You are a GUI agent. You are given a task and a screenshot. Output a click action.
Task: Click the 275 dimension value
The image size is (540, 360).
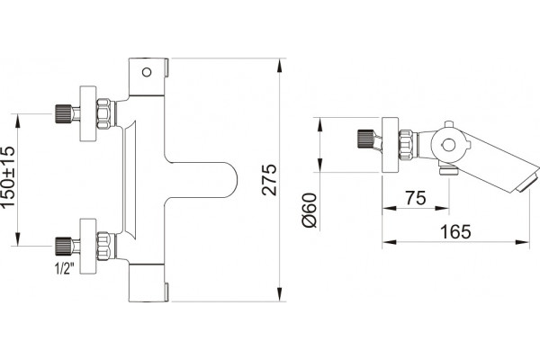(x=269, y=180)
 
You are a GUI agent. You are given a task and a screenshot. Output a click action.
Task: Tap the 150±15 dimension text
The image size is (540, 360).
(x=8, y=177)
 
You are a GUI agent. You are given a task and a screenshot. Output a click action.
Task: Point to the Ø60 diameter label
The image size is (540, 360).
(x=309, y=210)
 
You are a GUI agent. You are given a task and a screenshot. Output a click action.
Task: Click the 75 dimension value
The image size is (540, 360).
(x=415, y=198)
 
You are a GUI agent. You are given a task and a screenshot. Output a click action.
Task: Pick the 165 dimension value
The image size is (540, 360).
(x=455, y=232)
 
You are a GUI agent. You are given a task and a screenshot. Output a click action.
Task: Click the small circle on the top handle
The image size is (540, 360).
(x=147, y=72)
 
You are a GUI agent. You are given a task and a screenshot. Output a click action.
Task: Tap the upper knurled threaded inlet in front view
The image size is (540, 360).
(x=64, y=113)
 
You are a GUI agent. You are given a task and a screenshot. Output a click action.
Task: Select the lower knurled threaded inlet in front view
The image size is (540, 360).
(x=64, y=247)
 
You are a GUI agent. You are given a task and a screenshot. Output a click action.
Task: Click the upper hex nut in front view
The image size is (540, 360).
(x=104, y=113)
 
